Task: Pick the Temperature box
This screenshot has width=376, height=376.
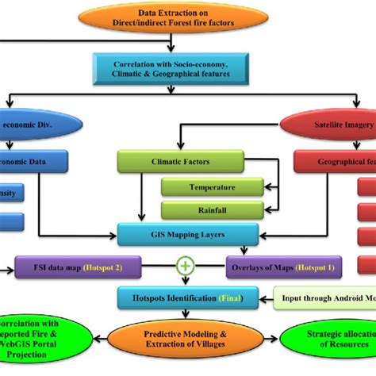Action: pos(213,189)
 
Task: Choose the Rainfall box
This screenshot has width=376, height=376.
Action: pos(213,210)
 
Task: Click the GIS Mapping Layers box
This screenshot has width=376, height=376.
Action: pos(187,235)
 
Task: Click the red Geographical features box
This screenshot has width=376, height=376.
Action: pos(333,162)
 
